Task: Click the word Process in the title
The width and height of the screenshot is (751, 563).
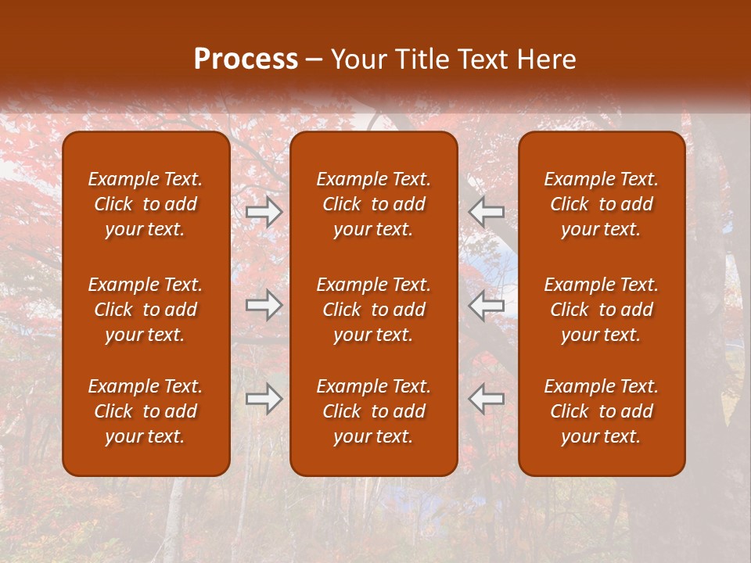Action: (246, 59)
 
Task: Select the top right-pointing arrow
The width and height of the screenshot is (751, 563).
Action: (264, 212)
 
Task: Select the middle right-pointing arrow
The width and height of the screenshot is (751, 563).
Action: (264, 306)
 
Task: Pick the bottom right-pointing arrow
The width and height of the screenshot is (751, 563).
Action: (264, 399)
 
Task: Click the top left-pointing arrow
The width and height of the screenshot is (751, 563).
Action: (487, 212)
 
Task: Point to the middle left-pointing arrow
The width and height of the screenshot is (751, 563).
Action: (487, 306)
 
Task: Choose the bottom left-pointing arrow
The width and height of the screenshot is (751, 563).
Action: (487, 399)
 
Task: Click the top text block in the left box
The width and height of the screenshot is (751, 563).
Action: (146, 204)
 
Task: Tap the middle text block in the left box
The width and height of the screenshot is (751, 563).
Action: (146, 310)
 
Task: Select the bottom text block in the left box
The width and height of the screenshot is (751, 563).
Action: (146, 411)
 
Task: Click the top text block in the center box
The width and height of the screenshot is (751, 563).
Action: (374, 204)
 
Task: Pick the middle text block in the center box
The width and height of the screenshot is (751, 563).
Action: (374, 310)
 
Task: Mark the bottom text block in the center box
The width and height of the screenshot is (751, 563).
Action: (374, 411)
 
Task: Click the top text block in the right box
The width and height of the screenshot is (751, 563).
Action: (602, 204)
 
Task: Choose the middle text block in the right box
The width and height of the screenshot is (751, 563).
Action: (602, 310)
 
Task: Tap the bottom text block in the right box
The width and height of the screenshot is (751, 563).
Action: (602, 411)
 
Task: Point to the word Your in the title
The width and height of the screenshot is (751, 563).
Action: (359, 59)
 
